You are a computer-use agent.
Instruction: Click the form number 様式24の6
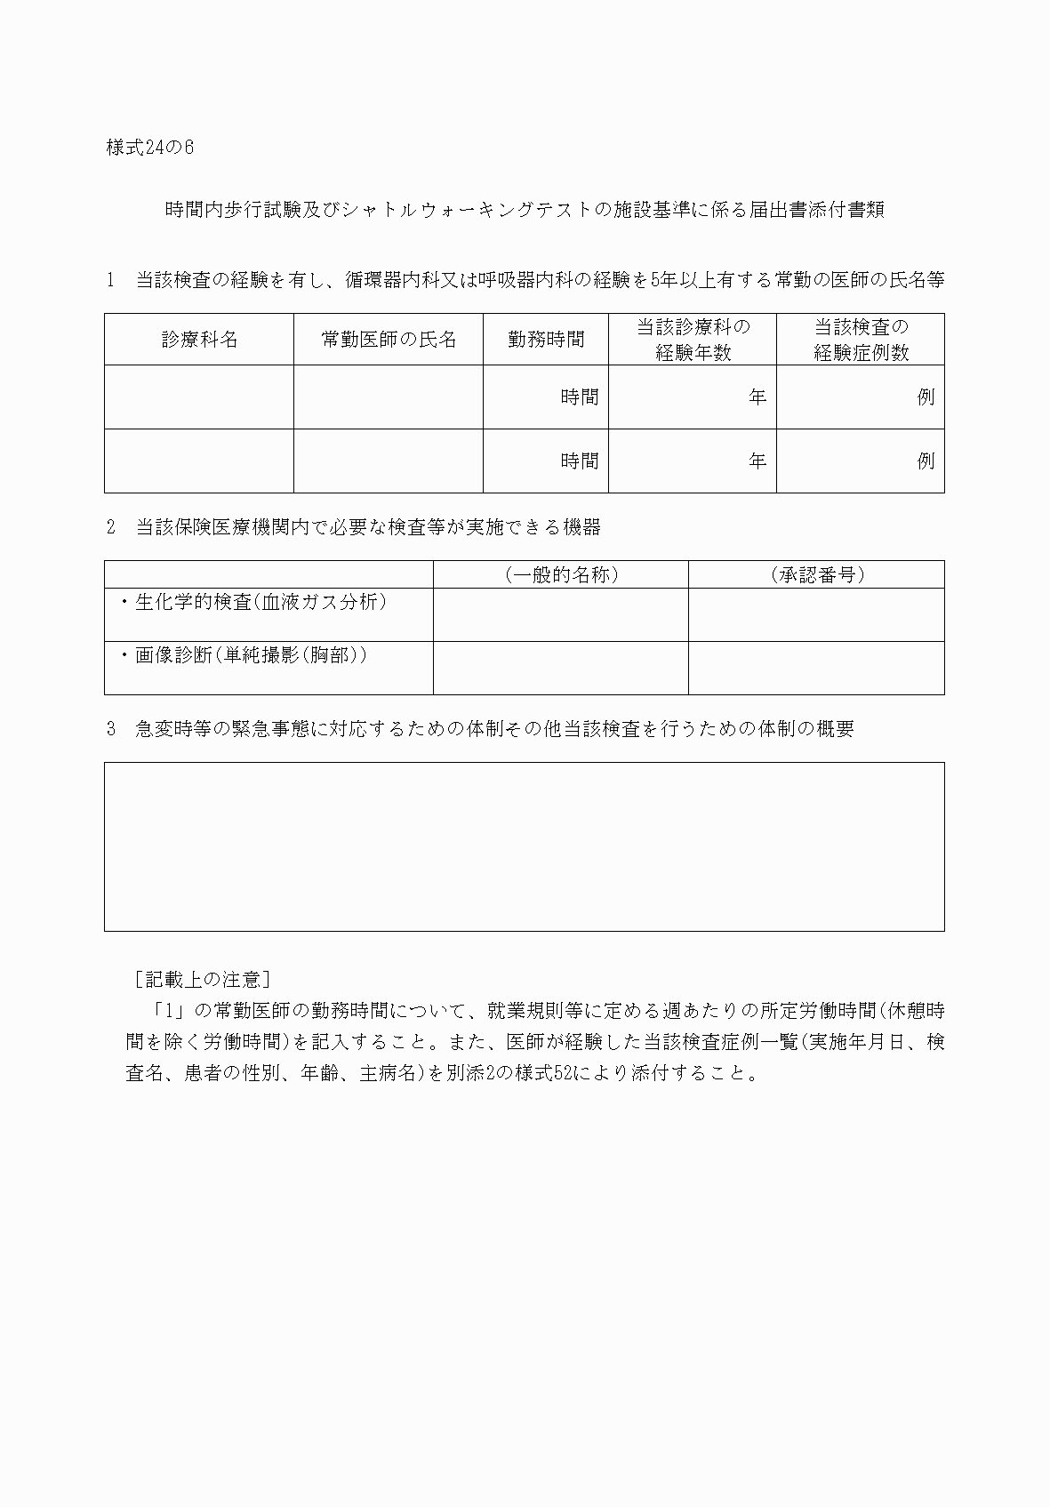149,148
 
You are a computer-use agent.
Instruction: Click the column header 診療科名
199,340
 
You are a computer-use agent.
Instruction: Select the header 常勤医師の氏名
389,340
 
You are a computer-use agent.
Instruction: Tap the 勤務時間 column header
546,340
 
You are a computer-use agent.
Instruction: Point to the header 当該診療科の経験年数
693,340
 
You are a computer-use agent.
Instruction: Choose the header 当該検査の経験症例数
861,340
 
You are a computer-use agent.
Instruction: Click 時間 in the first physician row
579,397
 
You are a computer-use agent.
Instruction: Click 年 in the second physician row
757,461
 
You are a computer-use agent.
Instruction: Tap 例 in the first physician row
926,397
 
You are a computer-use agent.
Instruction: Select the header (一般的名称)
561,575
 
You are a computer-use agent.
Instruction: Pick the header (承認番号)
817,575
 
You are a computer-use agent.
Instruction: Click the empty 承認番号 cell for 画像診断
816,668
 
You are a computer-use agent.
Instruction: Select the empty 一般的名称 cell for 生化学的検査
561,614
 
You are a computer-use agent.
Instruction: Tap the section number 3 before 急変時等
111,729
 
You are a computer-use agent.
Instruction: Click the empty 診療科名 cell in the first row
199,397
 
